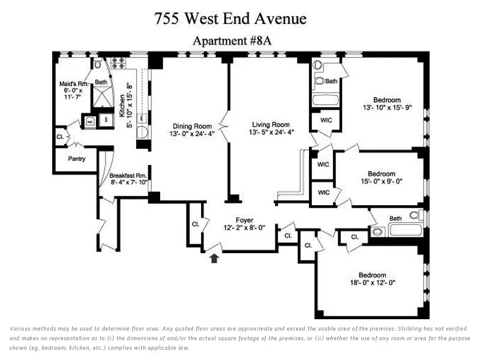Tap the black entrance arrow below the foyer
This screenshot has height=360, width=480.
(x=215, y=258)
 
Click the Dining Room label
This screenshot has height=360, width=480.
(x=192, y=126)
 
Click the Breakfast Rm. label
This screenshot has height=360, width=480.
(x=128, y=176)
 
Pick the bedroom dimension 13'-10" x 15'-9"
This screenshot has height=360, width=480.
(x=387, y=108)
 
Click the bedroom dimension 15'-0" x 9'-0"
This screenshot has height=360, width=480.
(x=382, y=182)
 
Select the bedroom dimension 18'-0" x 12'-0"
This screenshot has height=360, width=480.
(x=372, y=283)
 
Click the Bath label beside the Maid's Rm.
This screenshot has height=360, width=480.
(x=101, y=82)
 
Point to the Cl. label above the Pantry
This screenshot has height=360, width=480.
(x=60, y=137)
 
